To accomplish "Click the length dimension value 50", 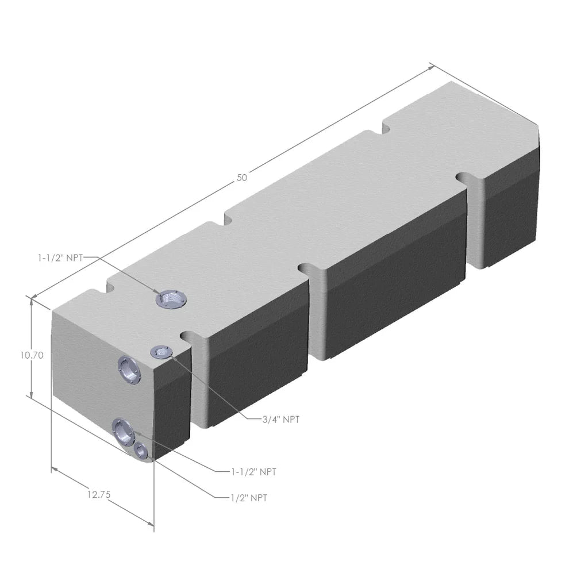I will (x=242, y=178).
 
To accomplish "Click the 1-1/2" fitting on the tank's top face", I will (x=171, y=299).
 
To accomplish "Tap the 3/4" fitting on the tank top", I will (x=160, y=352).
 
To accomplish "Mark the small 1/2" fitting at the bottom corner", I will (x=140, y=451).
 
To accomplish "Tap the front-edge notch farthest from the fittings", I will (x=468, y=178).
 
